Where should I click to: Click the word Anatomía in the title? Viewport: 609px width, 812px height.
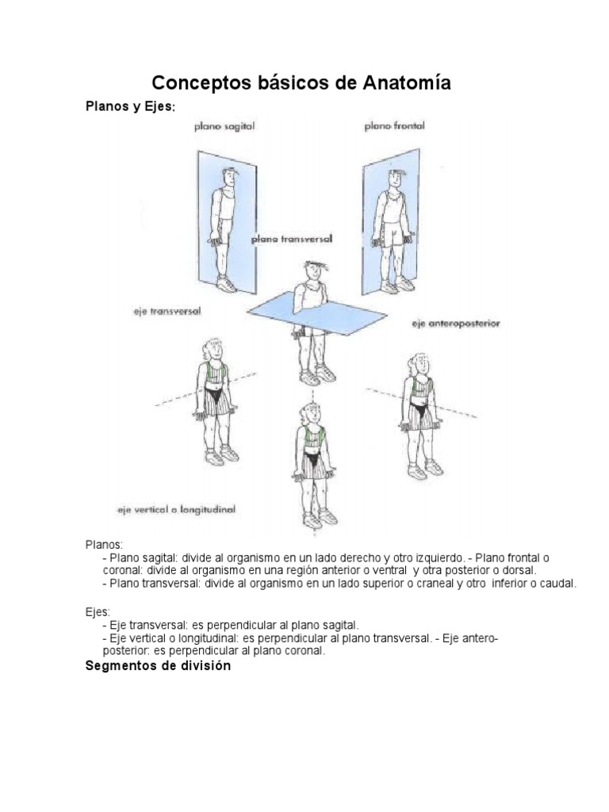[x=401, y=82]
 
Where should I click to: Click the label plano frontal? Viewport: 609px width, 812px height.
[x=394, y=125]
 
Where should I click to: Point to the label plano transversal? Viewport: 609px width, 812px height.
[x=291, y=238]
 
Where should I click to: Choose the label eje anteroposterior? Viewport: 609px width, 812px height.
[x=455, y=324]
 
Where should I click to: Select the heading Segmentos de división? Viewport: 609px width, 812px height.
[x=158, y=666]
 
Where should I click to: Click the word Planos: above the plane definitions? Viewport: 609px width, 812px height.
[x=104, y=545]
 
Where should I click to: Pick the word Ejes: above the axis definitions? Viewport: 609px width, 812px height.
[x=98, y=612]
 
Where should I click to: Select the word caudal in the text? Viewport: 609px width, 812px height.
[x=559, y=583]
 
